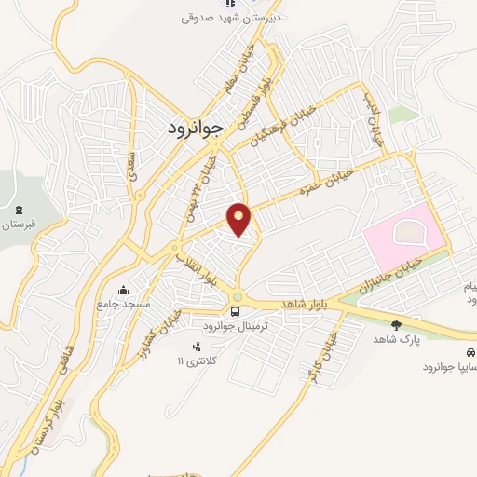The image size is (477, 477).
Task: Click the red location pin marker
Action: tap(239, 218)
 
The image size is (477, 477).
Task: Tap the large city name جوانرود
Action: tap(196, 127)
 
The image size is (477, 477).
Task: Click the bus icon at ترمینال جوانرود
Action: tap(237, 310)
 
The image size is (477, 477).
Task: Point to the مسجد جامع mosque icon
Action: tap(123, 290)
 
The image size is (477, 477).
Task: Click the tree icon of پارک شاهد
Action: tap(397, 325)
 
